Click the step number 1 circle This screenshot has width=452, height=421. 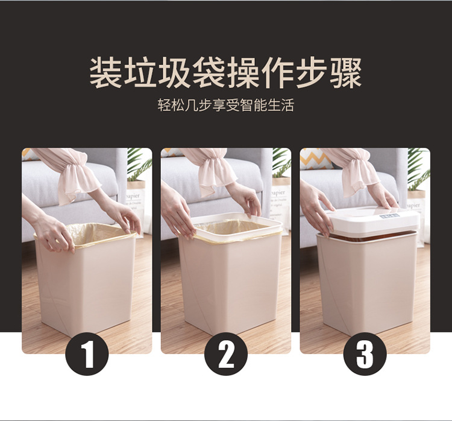[87, 354]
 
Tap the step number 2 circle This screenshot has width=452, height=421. [226, 354]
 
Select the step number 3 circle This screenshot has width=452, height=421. [365, 354]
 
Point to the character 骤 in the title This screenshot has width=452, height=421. [346, 72]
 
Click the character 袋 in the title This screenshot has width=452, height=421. [209, 72]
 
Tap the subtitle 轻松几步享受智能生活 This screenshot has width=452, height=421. [226, 105]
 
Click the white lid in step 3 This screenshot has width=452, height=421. [373, 221]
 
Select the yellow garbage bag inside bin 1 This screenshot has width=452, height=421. [95, 234]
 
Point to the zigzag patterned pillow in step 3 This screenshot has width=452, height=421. [315, 159]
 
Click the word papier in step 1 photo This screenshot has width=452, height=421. [133, 195]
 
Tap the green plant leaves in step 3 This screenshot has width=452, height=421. [419, 169]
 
